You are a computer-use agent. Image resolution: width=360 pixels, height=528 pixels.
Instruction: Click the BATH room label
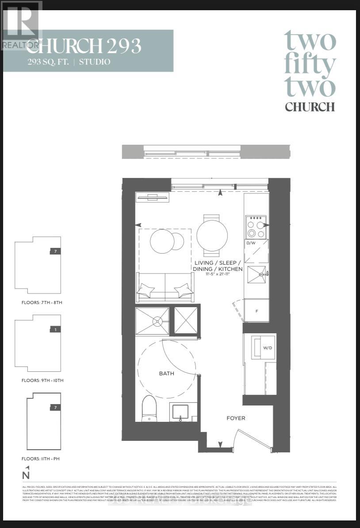(167, 374)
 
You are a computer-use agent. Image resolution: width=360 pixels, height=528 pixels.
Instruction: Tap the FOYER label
(236, 418)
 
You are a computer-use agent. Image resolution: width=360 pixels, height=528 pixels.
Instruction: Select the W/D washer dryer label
(267, 348)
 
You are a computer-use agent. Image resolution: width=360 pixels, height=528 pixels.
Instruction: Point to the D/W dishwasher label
(250, 243)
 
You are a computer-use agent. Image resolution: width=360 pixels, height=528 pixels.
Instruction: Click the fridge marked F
(257, 311)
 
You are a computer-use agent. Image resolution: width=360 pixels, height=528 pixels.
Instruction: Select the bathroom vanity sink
(179, 412)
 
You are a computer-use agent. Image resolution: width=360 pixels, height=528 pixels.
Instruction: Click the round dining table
(212, 235)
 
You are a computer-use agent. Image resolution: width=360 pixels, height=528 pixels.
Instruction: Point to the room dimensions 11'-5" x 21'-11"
(218, 275)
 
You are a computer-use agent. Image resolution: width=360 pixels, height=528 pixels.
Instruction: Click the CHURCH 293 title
(84, 46)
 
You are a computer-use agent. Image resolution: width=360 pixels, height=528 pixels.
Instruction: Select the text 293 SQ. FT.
(47, 62)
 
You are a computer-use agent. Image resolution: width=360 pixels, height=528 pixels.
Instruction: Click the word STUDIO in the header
(95, 62)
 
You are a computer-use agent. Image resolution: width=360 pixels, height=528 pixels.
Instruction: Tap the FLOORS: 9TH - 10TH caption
(42, 381)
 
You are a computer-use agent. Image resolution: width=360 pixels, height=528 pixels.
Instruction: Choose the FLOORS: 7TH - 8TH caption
(42, 303)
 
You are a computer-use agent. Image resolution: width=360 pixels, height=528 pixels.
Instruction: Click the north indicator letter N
(26, 475)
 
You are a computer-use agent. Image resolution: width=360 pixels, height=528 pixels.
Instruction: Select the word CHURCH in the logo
(310, 107)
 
